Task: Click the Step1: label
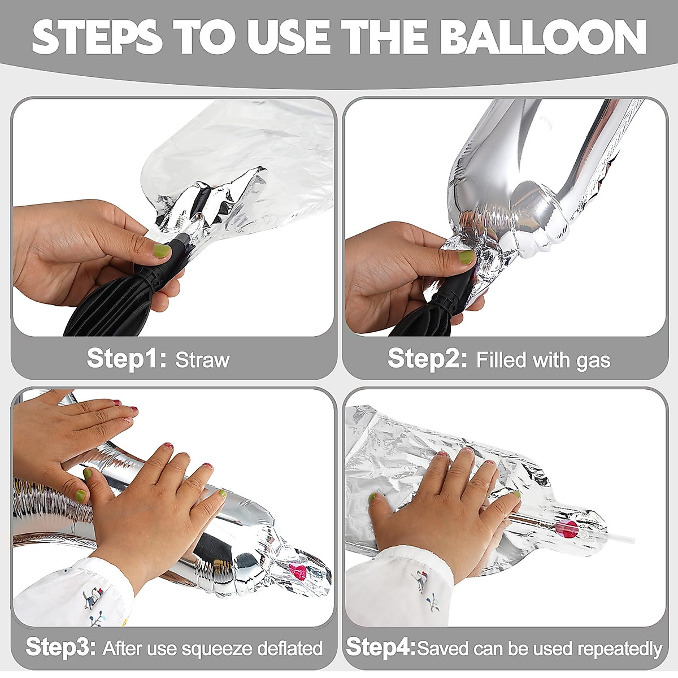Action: click(127, 358)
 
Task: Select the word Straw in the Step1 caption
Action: click(202, 360)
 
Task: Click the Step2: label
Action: click(428, 358)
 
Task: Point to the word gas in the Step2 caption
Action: click(593, 362)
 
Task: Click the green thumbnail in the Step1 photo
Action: click(162, 251)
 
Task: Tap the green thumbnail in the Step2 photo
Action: click(467, 258)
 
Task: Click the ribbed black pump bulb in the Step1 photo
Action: click(109, 306)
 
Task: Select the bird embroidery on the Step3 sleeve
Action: click(92, 598)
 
